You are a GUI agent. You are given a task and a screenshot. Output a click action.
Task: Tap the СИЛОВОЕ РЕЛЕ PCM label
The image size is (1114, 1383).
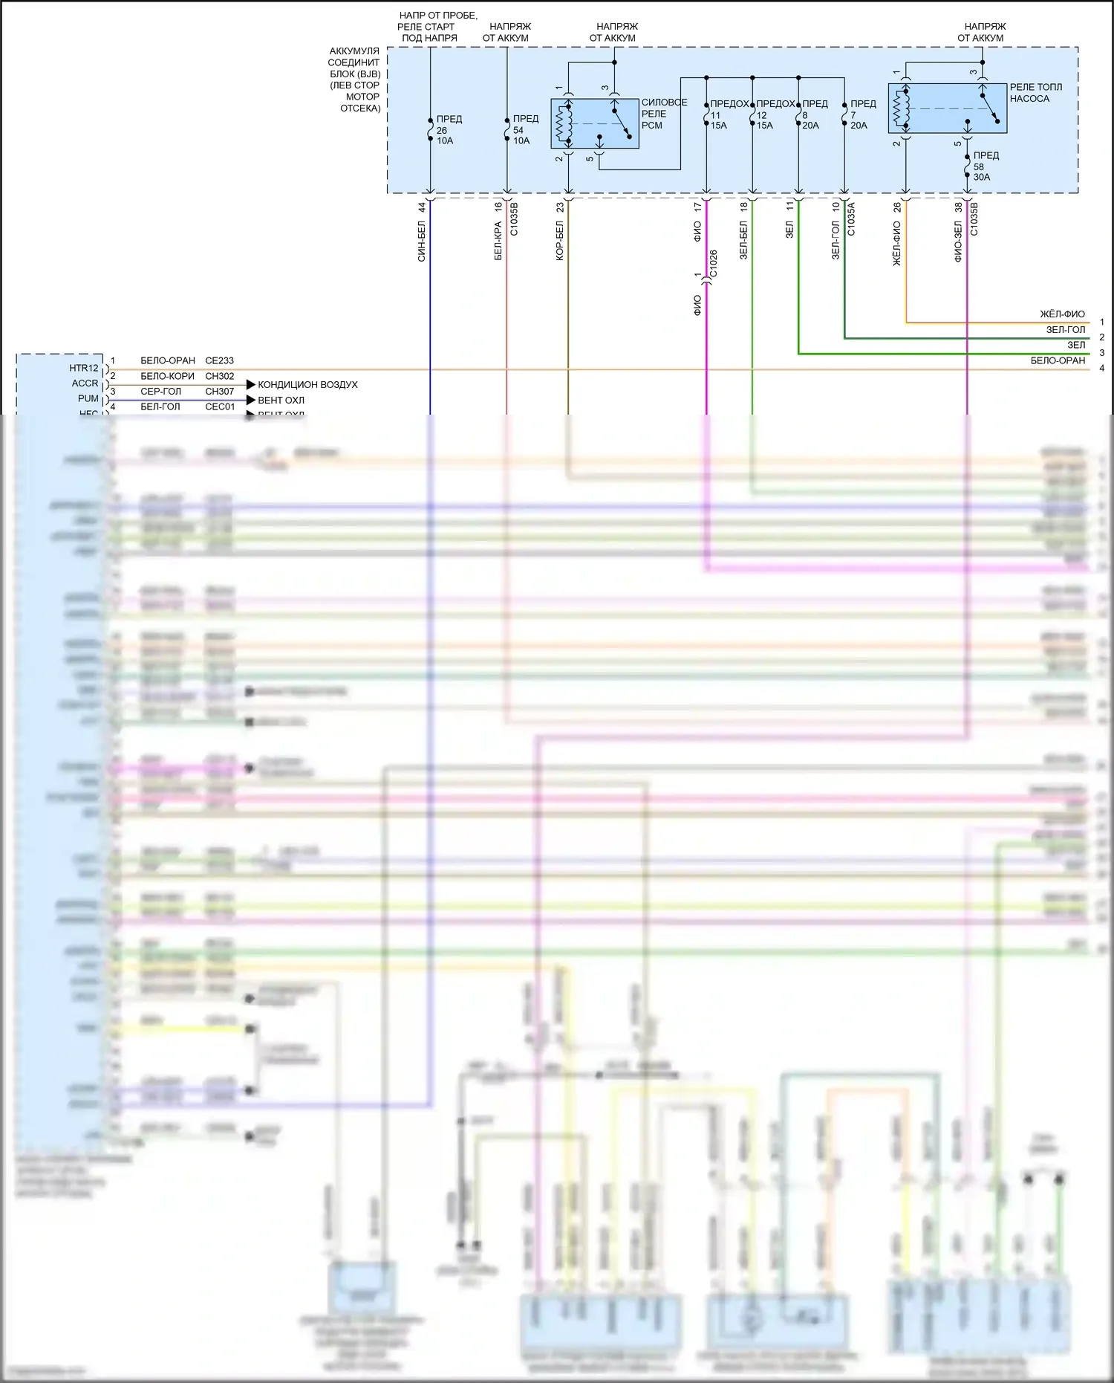coord(662,114)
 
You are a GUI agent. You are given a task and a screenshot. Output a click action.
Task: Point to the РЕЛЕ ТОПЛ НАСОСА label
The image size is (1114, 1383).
coord(1035,93)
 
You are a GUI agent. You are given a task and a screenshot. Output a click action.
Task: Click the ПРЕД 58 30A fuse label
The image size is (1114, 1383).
coord(985,166)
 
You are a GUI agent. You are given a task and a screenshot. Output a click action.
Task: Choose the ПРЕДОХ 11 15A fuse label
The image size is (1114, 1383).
coord(727,114)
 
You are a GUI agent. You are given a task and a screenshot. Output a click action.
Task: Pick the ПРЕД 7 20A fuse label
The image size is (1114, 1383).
coord(861,114)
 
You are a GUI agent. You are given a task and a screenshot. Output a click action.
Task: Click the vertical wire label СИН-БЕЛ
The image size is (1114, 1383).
coord(421,242)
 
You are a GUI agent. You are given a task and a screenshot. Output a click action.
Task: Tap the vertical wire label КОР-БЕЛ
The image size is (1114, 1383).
coord(560,242)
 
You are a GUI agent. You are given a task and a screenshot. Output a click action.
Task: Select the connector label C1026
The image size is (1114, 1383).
coord(714,265)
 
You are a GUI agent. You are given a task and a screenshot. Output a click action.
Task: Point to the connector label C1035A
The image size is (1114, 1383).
coord(851,219)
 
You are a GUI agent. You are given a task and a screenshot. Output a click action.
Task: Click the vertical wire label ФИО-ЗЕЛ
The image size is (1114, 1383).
coord(958,242)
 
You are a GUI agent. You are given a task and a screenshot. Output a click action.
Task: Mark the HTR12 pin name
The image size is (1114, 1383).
coord(83,369)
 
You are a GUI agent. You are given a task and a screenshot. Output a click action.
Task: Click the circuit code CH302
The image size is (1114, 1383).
coord(219,377)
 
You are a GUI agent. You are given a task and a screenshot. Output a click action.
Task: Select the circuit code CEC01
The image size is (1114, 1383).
coord(220,407)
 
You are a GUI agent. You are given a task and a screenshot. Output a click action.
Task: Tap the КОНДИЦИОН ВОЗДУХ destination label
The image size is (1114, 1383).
coord(307,385)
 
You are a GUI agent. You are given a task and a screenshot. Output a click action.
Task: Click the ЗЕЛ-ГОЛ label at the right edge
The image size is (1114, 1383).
coord(1065,330)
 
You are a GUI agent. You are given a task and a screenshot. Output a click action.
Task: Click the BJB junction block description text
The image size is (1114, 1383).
coord(355,80)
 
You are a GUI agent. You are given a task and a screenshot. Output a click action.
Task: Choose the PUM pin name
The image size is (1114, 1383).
coord(88,399)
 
